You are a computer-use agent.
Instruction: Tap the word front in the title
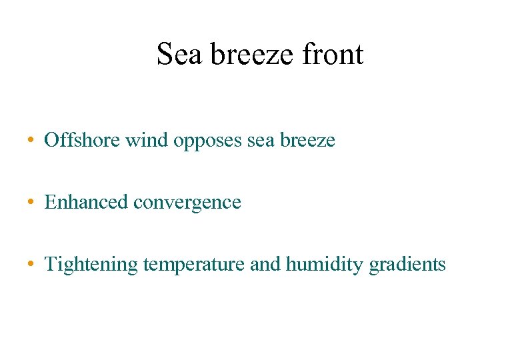tap(332, 54)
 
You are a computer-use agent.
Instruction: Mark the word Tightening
tap(91, 265)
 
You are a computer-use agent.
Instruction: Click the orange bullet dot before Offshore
tap(32, 141)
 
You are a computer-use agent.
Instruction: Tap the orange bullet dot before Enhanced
tap(32, 203)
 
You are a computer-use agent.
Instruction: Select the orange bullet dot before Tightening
tap(32, 265)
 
